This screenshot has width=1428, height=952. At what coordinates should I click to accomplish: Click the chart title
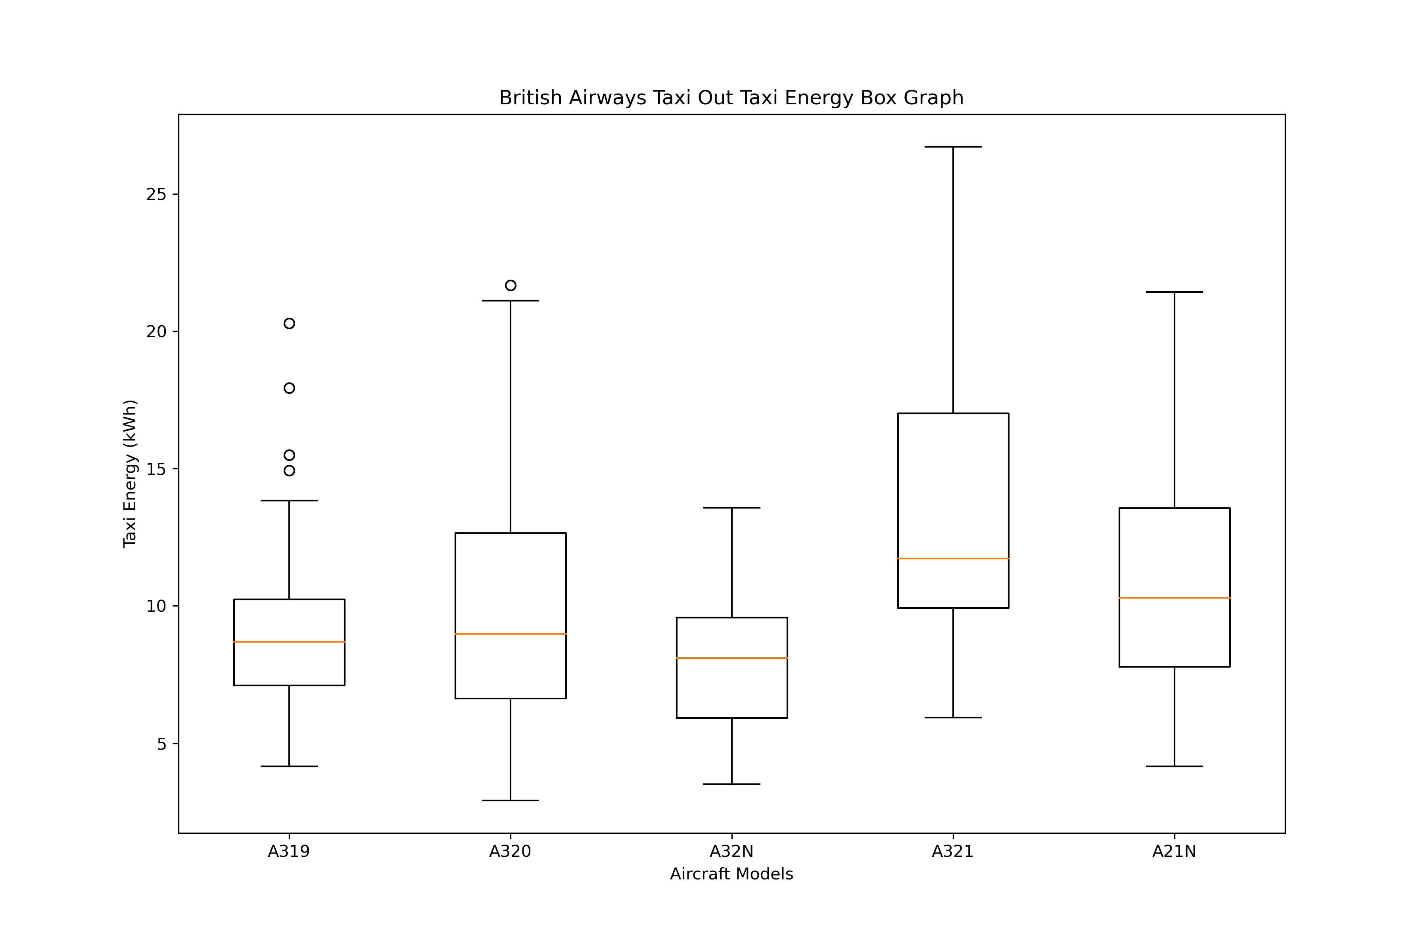tap(731, 98)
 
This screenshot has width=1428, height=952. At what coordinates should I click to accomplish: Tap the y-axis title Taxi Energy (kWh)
tap(130, 474)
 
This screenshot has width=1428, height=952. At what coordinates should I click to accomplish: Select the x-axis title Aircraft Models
tap(731, 874)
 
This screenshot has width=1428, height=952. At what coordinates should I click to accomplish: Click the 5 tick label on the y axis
tap(161, 744)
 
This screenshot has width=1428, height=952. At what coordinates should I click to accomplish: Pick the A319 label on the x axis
tap(289, 852)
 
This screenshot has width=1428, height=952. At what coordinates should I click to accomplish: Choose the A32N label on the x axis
tap(731, 852)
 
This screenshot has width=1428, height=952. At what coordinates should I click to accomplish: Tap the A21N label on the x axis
tap(1174, 852)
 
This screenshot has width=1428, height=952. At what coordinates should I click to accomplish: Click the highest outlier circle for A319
tap(289, 324)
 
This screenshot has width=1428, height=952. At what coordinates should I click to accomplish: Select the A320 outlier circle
tap(511, 285)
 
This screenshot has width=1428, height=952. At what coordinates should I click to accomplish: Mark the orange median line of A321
tap(953, 559)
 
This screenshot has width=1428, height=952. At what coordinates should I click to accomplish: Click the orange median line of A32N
tap(731, 658)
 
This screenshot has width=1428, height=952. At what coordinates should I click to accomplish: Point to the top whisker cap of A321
tap(953, 147)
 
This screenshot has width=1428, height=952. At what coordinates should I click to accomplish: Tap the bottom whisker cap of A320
tap(511, 801)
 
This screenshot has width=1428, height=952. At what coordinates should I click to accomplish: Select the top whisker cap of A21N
tap(1174, 292)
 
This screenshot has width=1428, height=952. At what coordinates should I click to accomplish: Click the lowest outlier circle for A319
tap(289, 470)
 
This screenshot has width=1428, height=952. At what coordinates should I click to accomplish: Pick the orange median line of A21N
tap(1174, 598)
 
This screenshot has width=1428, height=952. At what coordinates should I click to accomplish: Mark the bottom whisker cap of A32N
tap(731, 785)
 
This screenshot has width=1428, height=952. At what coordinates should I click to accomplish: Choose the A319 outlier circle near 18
tap(289, 388)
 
